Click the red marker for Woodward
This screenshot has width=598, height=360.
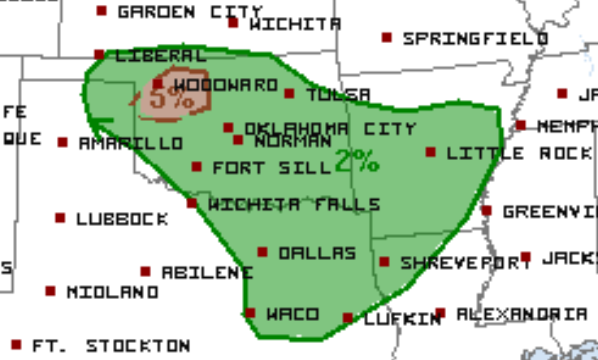point(158,84)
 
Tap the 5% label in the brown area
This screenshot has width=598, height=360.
point(171,99)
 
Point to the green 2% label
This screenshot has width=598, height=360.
point(357,160)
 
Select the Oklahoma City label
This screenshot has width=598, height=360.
point(330,128)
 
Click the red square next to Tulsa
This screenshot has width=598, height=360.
point(289,93)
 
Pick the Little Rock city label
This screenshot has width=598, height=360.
point(519,153)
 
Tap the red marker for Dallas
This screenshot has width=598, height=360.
point(262,253)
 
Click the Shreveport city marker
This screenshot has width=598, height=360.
point(384,262)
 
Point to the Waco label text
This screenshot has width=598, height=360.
point(292,314)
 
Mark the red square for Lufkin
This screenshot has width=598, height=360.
point(348,318)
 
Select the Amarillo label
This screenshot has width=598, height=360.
point(131,143)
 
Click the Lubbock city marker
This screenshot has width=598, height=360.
point(60,218)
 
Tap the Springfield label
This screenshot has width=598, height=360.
point(475,37)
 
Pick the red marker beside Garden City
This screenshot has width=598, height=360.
point(102,11)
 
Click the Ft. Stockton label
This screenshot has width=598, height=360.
point(111,345)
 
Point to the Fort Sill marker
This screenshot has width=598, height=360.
point(197,167)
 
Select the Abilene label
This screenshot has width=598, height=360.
point(207,272)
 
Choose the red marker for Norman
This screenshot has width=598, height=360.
point(238,140)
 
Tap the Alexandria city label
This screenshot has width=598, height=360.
point(521,314)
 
